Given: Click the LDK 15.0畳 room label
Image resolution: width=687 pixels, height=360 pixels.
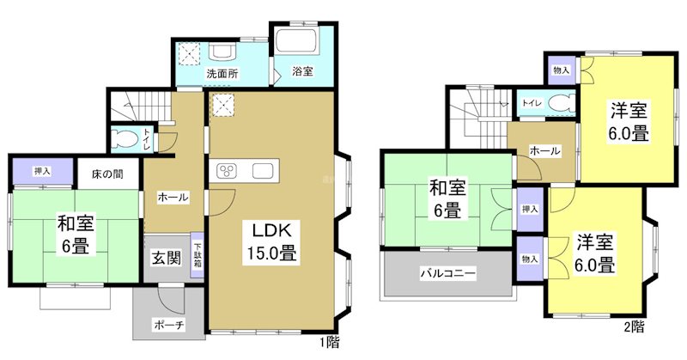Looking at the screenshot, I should point(273,241).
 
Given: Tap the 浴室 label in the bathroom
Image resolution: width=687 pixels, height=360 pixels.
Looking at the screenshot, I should point(301,72).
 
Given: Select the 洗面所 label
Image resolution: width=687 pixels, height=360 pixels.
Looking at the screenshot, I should point(221,74).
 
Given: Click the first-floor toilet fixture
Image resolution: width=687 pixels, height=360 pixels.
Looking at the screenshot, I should point(126,137).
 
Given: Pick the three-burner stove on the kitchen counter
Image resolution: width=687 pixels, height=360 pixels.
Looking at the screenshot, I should point(228,169).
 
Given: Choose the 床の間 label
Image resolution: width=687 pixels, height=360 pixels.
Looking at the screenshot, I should point(107,174).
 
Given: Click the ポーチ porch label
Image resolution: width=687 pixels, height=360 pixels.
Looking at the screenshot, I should point(167,324).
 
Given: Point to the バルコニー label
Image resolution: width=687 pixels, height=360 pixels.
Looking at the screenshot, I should point(447,274).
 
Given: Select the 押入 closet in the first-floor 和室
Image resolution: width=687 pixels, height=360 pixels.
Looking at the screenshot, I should point(42,171).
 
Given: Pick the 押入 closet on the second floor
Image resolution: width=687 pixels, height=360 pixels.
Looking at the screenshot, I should point(530,209).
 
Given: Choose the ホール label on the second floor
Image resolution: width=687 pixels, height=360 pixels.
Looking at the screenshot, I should point(544,151).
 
